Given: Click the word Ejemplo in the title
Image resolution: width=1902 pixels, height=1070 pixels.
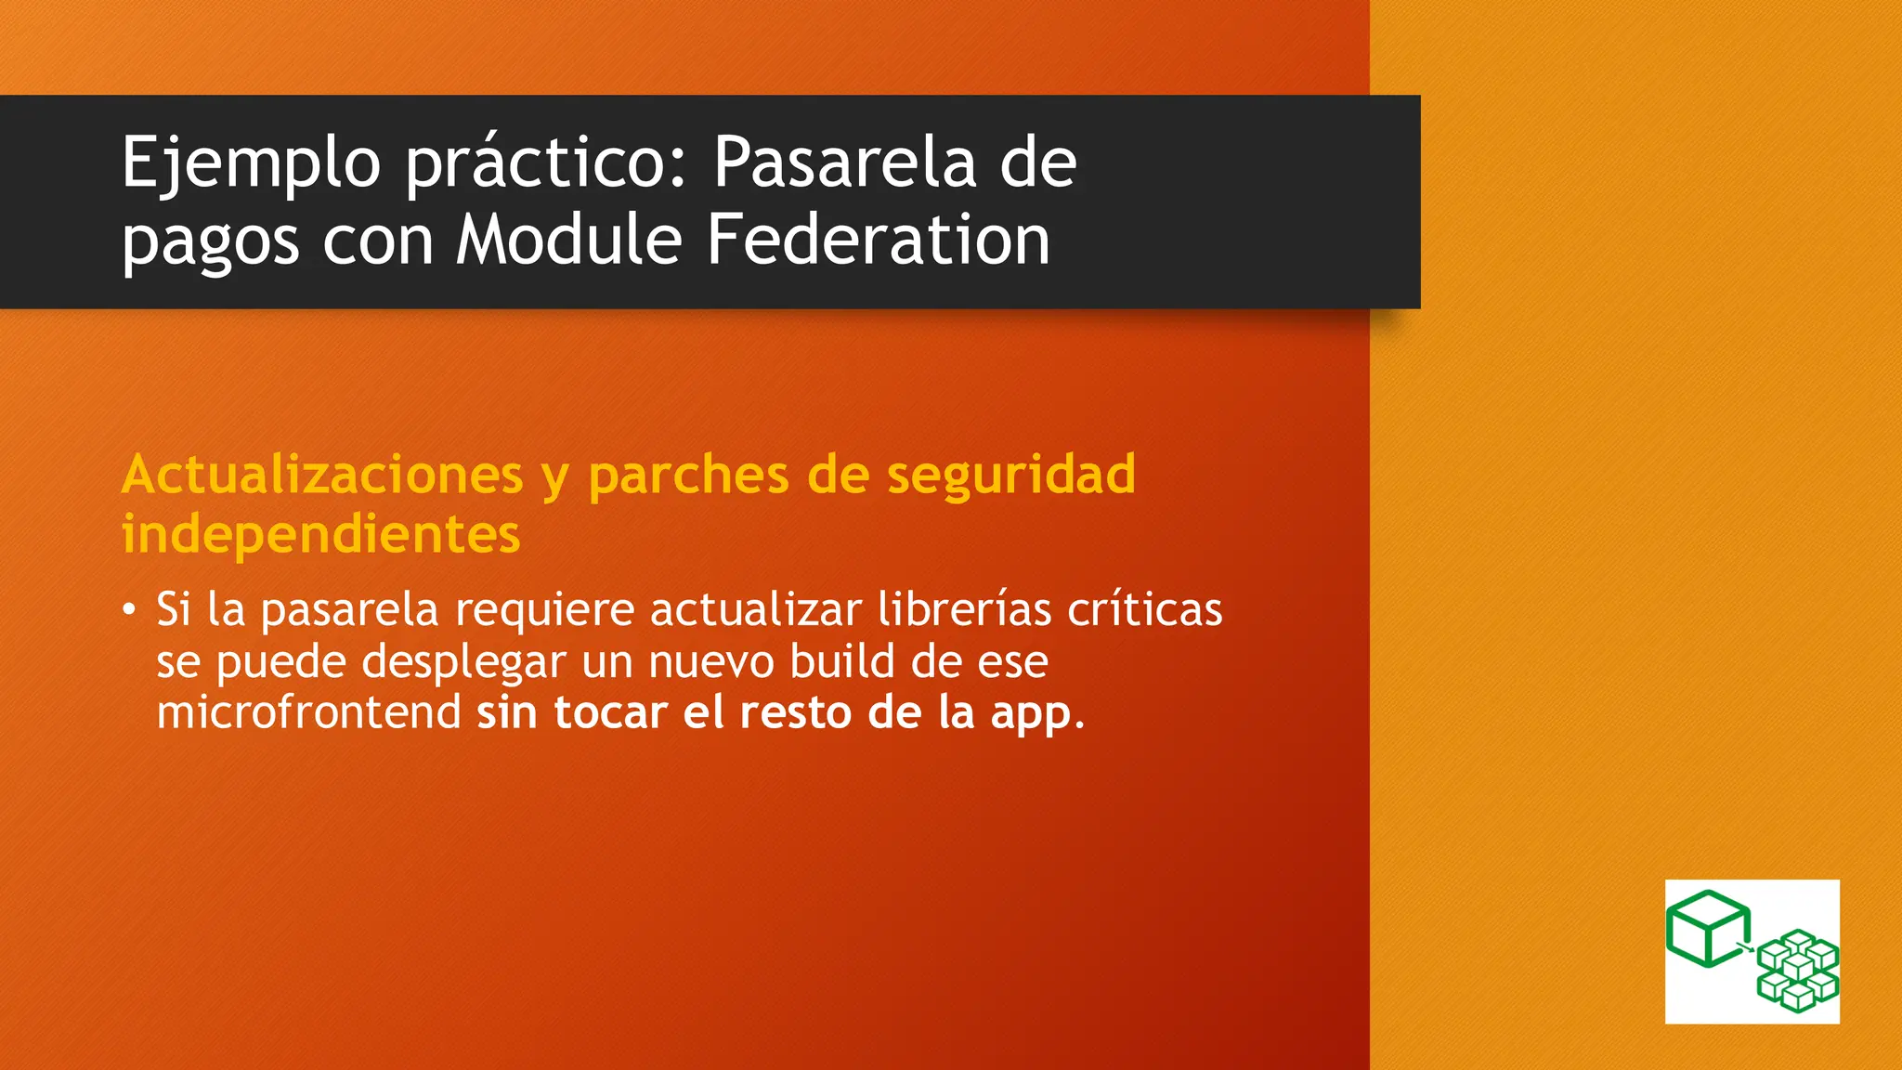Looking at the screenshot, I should coord(251,163).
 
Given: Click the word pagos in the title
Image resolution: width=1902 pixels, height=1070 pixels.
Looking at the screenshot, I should coord(210,243).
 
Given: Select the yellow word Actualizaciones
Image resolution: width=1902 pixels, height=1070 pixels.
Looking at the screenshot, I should coord(322,475).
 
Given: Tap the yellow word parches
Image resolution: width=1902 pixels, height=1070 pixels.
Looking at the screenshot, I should coord(688,476).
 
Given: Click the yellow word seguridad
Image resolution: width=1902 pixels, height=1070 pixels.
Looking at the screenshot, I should coord(1011,476).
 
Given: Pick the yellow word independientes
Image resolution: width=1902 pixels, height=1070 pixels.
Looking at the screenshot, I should coord(320,534).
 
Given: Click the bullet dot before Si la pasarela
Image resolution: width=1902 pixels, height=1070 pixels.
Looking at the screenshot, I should coord(129,610).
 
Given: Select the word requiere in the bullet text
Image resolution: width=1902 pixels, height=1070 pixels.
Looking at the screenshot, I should coord(544,610).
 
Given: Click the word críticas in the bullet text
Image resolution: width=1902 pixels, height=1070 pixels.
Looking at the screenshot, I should coord(1144,609).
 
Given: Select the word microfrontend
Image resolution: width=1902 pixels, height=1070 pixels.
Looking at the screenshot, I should coord(308,712).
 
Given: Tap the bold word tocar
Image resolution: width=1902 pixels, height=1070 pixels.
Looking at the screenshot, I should coord(610,712).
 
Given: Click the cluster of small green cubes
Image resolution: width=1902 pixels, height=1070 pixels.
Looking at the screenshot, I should coord(1798,971).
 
